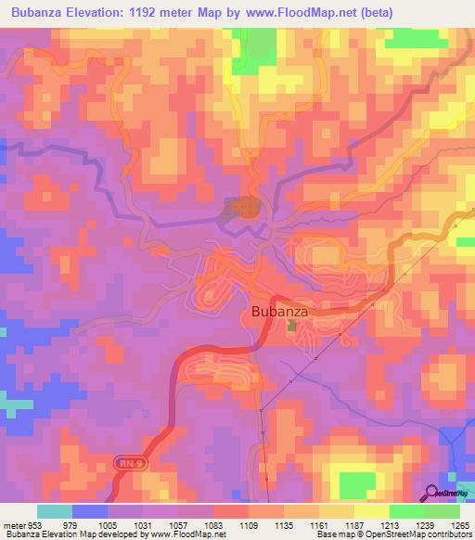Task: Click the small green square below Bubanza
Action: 292,327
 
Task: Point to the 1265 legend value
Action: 460,525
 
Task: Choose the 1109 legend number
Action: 249,525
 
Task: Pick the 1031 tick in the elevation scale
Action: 143,525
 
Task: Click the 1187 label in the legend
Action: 354,525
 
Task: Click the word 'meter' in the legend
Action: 15,525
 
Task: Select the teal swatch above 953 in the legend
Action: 54,511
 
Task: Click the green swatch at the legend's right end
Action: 443,511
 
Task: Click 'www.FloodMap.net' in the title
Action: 279,13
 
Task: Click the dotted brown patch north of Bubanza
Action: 244,208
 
